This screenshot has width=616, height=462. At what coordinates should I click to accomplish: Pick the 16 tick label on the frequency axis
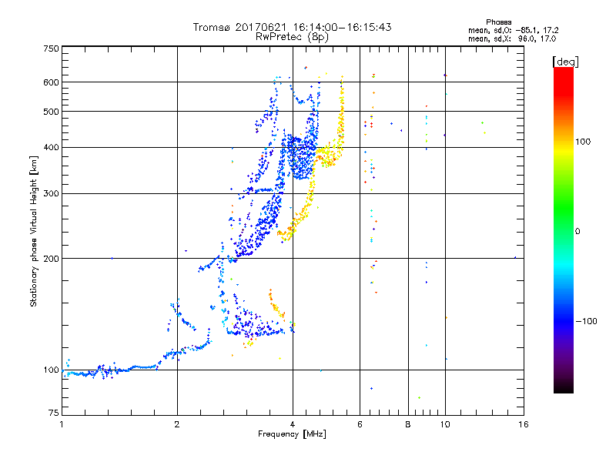(522, 424)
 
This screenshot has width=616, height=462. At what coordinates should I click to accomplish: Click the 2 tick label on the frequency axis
(177, 424)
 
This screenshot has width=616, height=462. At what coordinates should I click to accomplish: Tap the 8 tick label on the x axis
(408, 424)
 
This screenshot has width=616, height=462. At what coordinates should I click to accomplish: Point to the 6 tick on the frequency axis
(360, 424)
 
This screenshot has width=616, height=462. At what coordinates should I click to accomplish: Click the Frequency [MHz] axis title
(292, 435)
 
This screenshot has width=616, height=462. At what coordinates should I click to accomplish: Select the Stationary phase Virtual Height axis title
(34, 232)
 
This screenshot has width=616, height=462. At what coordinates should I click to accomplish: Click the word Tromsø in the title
(212, 27)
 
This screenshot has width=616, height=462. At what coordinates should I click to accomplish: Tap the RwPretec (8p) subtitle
(292, 36)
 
